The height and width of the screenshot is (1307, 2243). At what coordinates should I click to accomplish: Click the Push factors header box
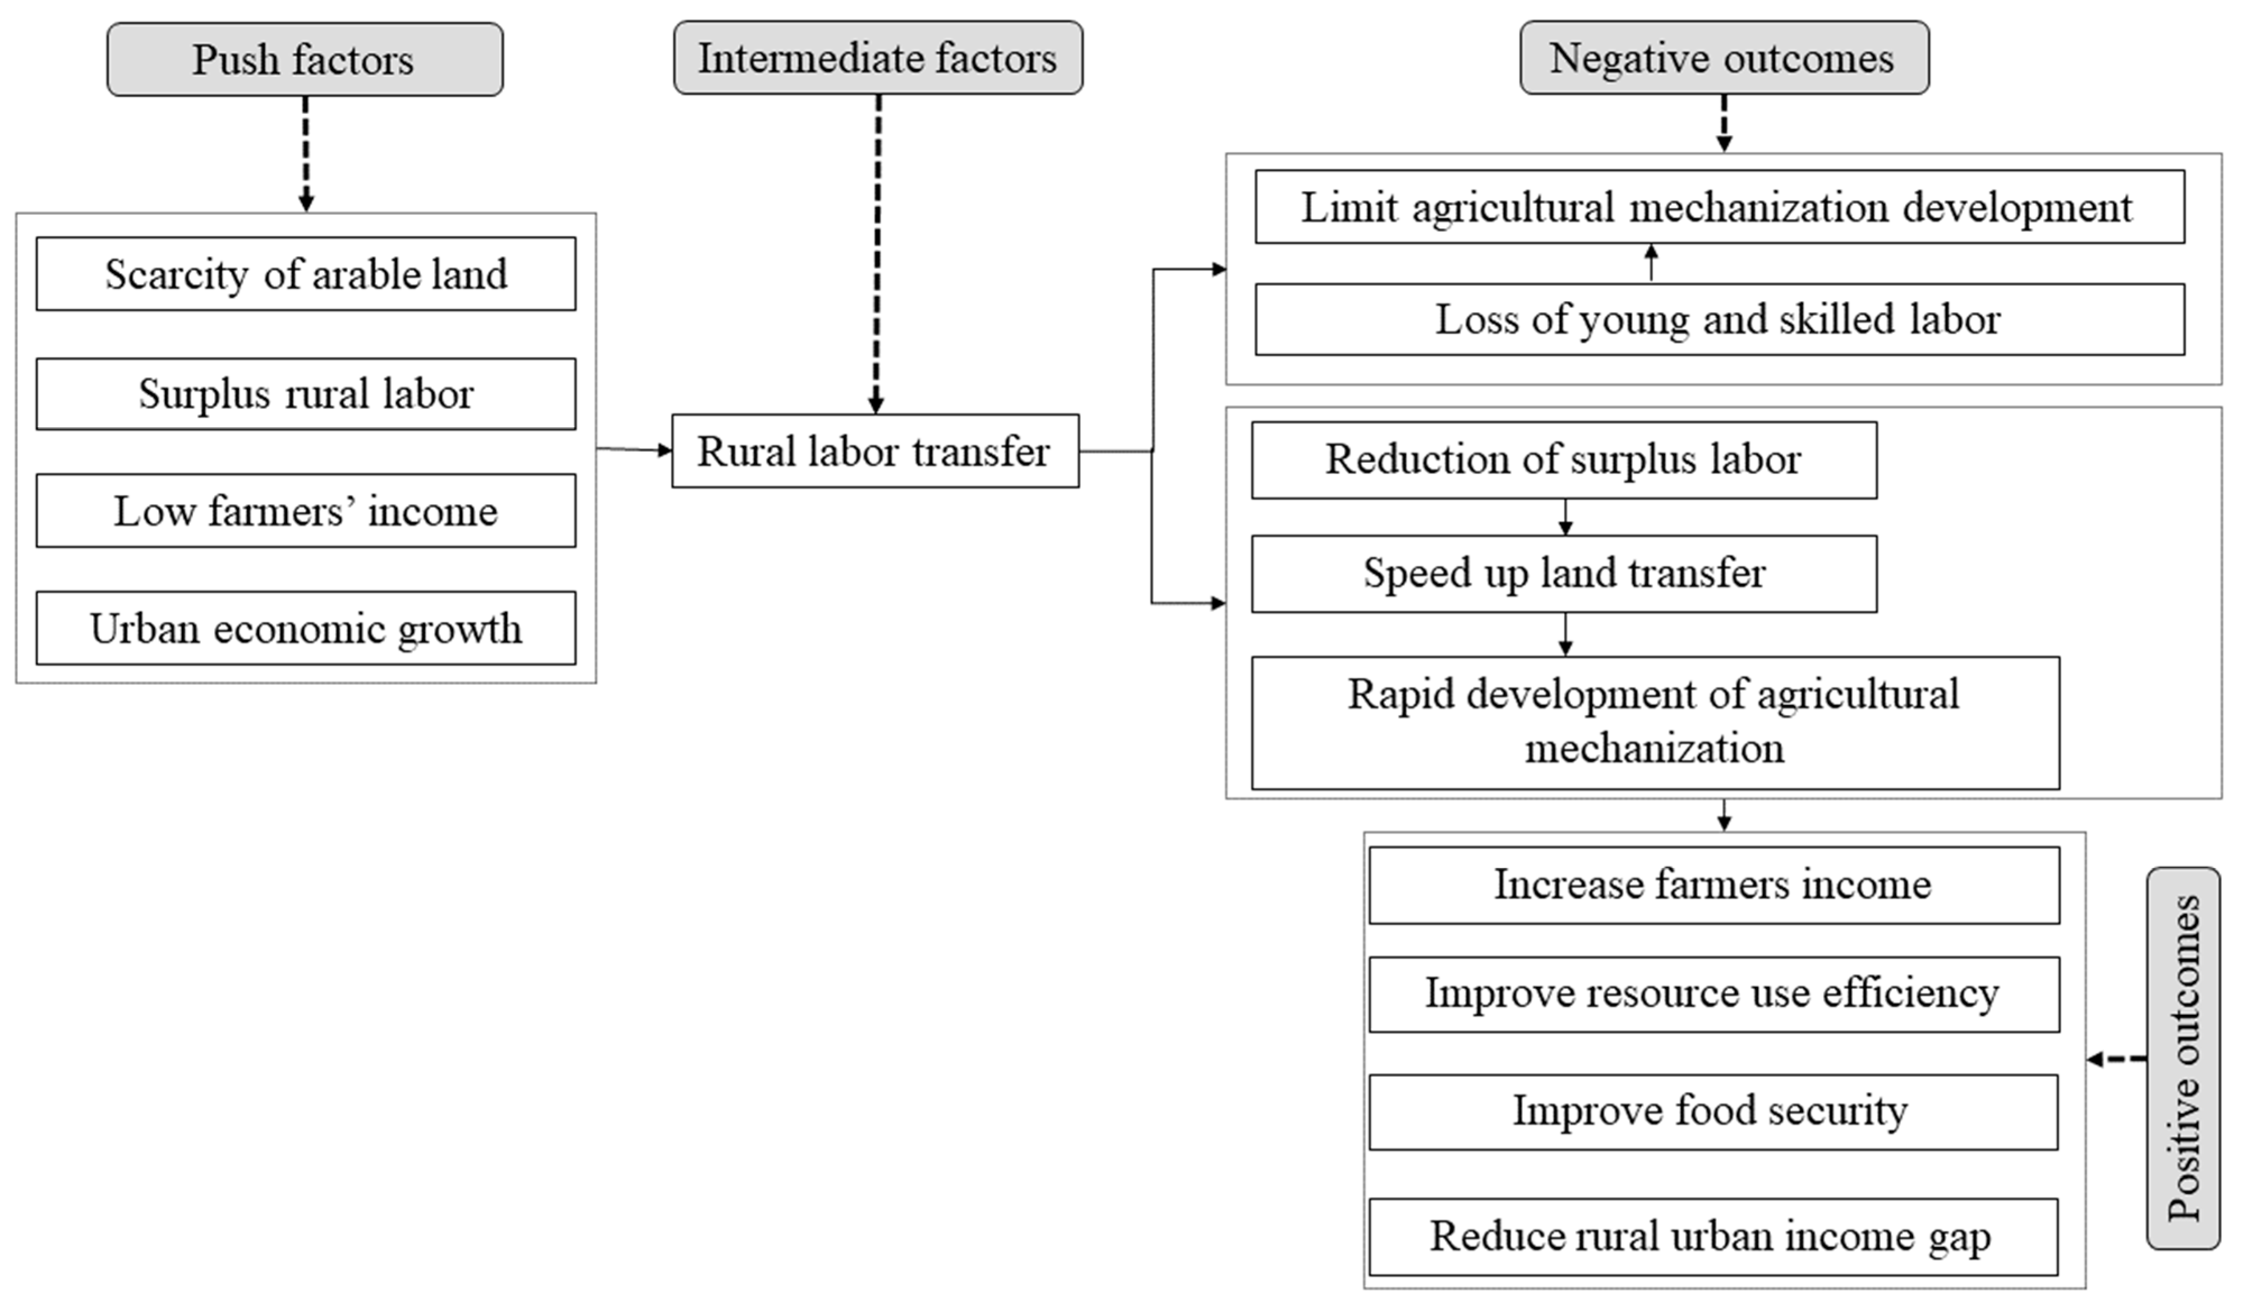305,59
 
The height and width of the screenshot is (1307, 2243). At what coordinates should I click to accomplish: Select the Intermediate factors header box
878,58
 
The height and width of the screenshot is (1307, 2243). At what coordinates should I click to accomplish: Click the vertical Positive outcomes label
2184,1059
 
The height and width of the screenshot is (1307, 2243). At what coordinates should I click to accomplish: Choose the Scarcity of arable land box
305,273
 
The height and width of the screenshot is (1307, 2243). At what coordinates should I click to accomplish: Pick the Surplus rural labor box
305,394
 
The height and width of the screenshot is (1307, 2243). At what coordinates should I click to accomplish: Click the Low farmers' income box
305,510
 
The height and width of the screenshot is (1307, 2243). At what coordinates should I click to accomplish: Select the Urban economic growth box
305,628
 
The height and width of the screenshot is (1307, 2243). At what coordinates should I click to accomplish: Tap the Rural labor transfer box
875,450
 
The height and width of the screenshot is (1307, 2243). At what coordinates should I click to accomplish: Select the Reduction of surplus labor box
1564,459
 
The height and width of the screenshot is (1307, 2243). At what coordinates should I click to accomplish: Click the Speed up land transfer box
1564,573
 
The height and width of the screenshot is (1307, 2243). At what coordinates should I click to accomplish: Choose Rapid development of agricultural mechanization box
1655,722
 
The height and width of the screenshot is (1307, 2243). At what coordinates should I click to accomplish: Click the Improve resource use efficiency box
1714,993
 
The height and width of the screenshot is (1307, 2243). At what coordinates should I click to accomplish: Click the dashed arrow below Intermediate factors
878,254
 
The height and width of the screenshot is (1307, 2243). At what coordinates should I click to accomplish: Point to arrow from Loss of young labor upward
1651,264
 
